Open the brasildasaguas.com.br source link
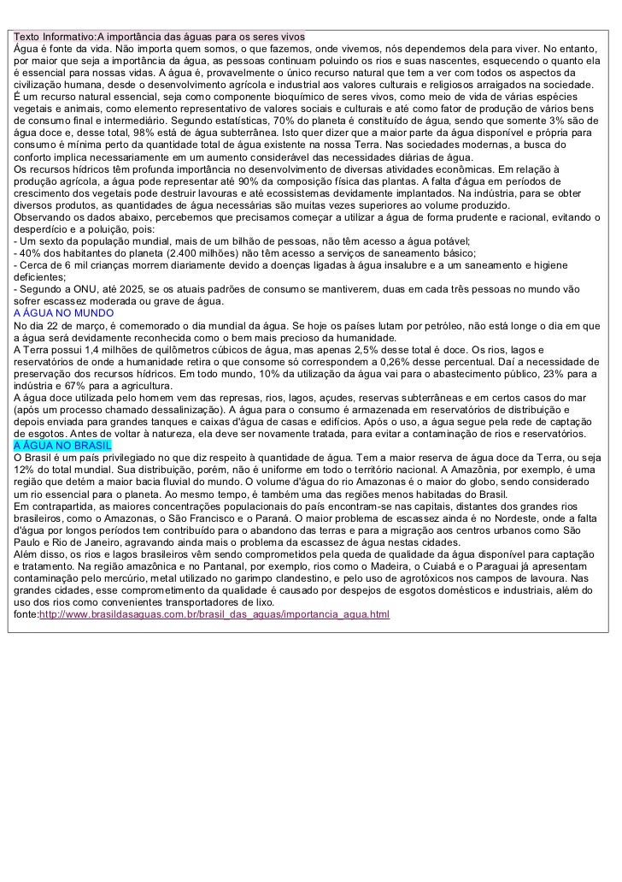click(x=214, y=614)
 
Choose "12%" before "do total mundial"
click(x=26, y=470)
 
